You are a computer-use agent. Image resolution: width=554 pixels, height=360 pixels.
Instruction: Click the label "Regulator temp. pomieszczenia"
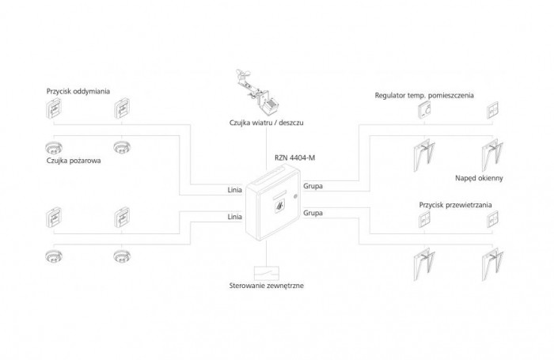pyautogui.click(x=424, y=95)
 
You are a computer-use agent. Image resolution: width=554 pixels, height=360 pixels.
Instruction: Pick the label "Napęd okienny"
pyautogui.click(x=479, y=178)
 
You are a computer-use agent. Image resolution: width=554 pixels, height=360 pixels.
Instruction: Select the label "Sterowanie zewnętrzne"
pyautogui.click(x=260, y=285)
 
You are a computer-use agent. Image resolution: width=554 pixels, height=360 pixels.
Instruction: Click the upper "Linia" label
pyautogui.click(x=234, y=191)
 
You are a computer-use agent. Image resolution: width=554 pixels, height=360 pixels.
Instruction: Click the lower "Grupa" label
pyautogui.click(x=313, y=213)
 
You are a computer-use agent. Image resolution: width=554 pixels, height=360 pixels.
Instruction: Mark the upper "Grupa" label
pyautogui.click(x=313, y=188)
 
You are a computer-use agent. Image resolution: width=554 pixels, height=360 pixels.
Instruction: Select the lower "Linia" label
pyautogui.click(x=234, y=216)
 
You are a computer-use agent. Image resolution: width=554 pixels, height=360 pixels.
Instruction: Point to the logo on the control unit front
pyautogui.click(x=279, y=209)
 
